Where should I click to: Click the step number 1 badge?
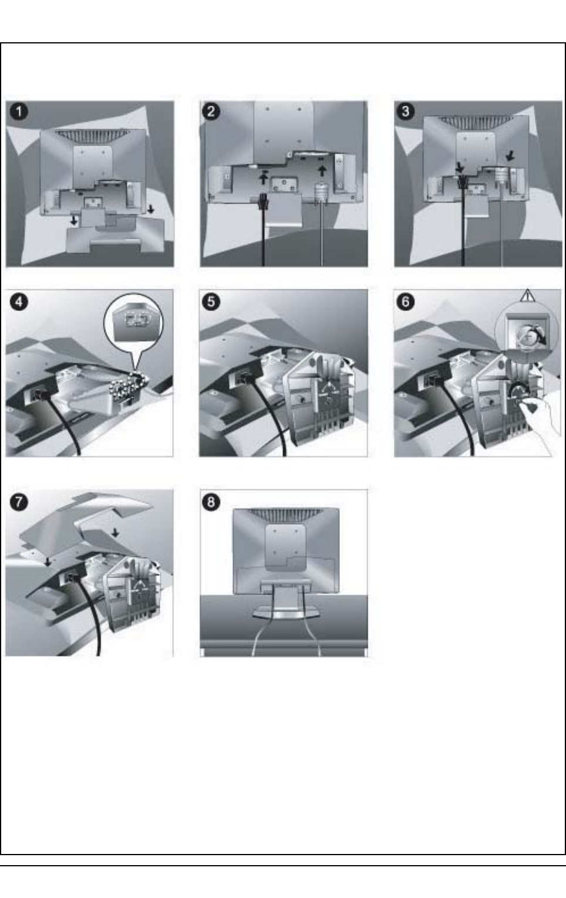[x=19, y=112]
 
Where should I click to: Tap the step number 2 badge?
[x=211, y=111]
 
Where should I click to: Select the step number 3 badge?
[x=405, y=111]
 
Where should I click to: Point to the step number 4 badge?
[x=19, y=302]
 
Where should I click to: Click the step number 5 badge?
[x=211, y=302]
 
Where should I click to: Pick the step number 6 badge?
[x=405, y=302]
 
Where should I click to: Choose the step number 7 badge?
[x=19, y=502]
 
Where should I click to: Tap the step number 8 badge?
[x=211, y=502]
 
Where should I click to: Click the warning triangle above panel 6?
[x=527, y=296]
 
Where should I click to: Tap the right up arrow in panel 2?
[x=322, y=171]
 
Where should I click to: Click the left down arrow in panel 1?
[x=74, y=220]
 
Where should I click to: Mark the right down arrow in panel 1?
[x=151, y=209]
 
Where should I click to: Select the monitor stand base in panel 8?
[x=284, y=613]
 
